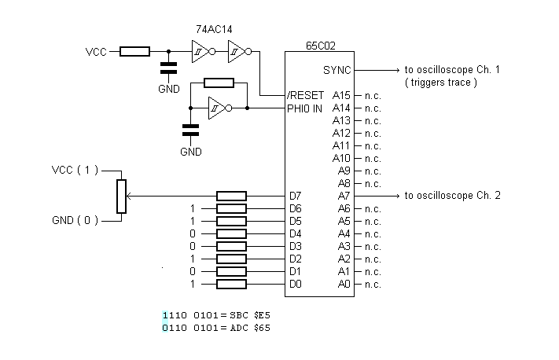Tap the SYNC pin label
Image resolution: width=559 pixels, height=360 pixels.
click(x=337, y=70)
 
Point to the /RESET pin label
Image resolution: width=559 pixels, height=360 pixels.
click(x=305, y=95)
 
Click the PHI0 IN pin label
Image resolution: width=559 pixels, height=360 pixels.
click(x=305, y=108)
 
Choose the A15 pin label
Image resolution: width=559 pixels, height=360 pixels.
click(x=341, y=95)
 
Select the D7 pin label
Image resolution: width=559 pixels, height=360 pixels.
click(x=295, y=196)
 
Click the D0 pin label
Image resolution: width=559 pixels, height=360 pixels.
click(x=295, y=284)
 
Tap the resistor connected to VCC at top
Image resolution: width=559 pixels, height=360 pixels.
click(x=134, y=52)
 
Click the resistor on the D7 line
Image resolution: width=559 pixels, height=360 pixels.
click(x=231, y=196)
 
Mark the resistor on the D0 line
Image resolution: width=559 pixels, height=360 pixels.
click(x=231, y=284)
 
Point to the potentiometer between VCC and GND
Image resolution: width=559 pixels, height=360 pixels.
click(x=121, y=196)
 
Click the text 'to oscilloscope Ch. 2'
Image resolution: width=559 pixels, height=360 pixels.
click(x=452, y=196)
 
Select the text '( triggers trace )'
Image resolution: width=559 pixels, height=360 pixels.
click(x=440, y=82)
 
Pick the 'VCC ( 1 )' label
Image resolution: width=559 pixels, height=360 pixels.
click(x=75, y=170)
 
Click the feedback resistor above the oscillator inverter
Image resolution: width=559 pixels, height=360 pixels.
click(x=219, y=83)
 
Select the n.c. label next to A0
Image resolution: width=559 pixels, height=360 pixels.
click(x=372, y=284)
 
